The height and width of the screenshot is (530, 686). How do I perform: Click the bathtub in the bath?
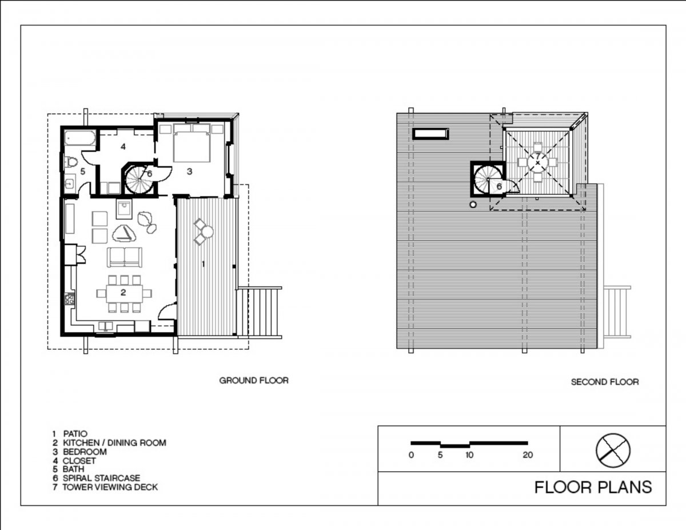[x=80, y=138]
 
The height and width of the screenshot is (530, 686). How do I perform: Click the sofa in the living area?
[x=125, y=257]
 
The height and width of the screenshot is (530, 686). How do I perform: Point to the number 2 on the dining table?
[x=123, y=293]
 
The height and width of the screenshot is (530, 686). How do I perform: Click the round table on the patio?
[x=208, y=232]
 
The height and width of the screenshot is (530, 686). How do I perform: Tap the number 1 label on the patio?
[x=204, y=264]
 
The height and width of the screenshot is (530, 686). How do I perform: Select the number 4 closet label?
[x=123, y=146]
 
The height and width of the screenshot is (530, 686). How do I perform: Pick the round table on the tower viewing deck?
[x=537, y=162]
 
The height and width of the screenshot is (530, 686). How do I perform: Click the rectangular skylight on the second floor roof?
[x=430, y=134]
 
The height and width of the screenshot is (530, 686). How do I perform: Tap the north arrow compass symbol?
[x=613, y=451]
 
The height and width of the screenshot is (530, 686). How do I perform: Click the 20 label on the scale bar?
[x=528, y=455]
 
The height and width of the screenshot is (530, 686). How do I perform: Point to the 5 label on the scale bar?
[x=440, y=455]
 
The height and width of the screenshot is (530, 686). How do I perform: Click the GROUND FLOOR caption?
[x=254, y=380]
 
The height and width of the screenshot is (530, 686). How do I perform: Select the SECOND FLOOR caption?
[x=605, y=382]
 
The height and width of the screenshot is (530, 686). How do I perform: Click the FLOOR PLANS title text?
[x=593, y=487]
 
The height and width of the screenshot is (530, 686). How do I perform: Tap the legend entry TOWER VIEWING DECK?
[x=110, y=487]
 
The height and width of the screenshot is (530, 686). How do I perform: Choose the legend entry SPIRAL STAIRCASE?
[x=101, y=478]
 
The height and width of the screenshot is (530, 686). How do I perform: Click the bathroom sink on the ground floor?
[x=69, y=183]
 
